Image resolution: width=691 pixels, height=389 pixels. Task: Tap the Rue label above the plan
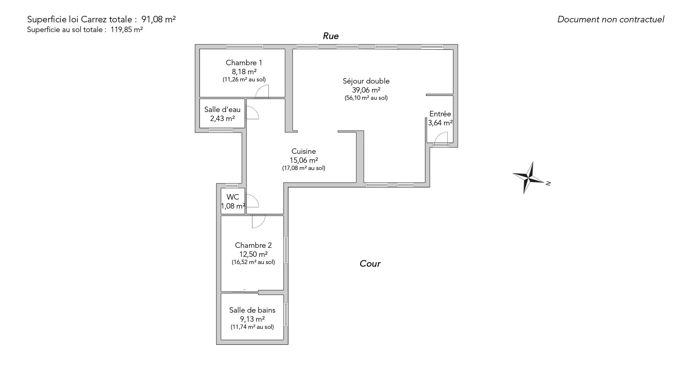[x=331, y=36]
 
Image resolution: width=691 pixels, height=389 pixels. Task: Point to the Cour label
[x=370, y=264]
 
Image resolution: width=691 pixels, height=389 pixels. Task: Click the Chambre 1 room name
[x=244, y=63]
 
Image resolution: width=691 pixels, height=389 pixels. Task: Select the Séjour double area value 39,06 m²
[x=366, y=90]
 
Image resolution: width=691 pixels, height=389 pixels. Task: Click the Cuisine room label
[x=304, y=151]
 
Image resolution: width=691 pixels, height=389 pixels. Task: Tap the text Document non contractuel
[x=611, y=19]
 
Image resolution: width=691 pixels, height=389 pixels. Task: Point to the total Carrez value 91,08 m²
[x=158, y=19]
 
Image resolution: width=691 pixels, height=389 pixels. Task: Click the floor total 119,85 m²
[x=127, y=30]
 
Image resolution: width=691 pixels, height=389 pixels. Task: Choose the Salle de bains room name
[x=252, y=310]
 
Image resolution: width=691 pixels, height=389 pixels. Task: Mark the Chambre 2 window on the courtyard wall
[x=286, y=250]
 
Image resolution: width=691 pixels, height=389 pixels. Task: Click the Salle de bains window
[x=286, y=314]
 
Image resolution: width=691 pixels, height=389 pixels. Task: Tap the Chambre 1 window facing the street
[x=245, y=46]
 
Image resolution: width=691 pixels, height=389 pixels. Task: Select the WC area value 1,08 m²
[x=233, y=206]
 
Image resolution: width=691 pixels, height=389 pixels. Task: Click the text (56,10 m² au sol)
[x=366, y=98]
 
